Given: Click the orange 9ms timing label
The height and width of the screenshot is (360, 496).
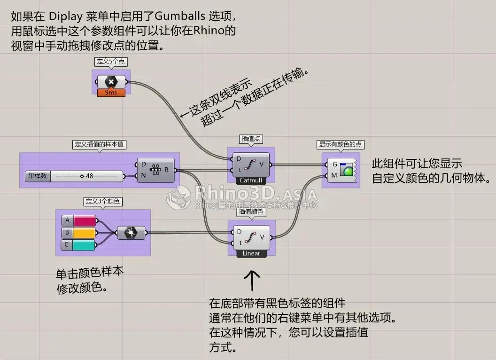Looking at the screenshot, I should (111, 92).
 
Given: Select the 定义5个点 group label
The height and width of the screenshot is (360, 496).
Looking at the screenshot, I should (111, 62).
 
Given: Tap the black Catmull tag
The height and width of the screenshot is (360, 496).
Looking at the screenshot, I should (251, 180).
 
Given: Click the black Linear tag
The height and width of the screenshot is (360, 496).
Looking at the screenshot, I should (251, 253).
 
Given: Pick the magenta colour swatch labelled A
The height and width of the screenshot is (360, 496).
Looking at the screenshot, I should (85, 220).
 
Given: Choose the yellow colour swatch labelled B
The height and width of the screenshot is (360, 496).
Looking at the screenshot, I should (85, 233).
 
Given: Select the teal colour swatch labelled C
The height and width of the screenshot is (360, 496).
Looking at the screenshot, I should (85, 245).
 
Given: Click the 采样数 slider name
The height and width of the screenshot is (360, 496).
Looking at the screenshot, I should (37, 176).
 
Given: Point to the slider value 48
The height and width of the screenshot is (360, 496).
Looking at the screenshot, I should (87, 176).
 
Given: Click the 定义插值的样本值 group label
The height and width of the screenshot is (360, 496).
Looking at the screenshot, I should (100, 144).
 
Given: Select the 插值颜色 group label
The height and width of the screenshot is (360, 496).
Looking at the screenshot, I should (251, 212).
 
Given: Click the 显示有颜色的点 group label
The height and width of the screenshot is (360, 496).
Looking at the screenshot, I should (341, 144).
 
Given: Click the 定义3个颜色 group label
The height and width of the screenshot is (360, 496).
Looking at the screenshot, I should (102, 202).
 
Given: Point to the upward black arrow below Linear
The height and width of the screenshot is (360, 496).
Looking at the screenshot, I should (253, 280).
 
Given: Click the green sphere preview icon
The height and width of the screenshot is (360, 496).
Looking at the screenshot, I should (348, 171).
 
